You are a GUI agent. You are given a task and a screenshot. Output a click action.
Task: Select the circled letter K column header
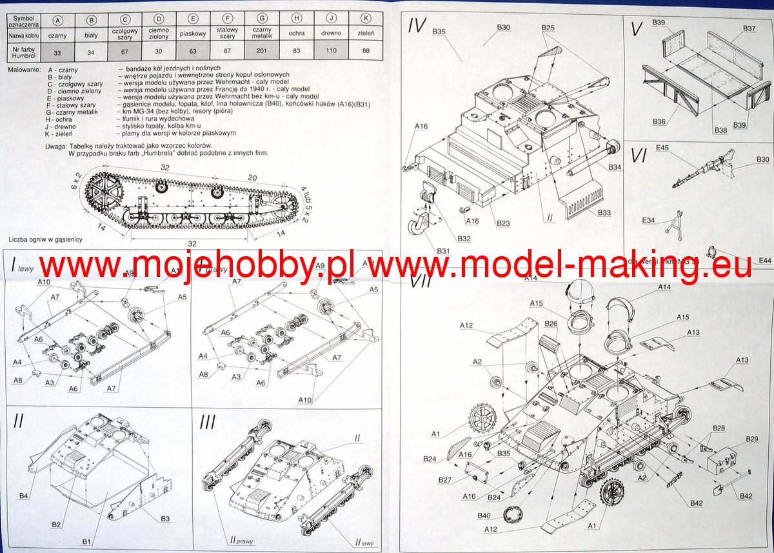coord(366,19)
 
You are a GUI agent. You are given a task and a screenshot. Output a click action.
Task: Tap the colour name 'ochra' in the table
coord(296,33)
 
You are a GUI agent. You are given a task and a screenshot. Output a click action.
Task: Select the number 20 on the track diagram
coord(253,178)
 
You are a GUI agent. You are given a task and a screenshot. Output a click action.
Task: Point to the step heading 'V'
coord(637,28)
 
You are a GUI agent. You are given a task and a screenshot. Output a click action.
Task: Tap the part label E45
coord(661,148)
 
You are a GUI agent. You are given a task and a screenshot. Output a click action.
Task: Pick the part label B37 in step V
coord(749,28)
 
